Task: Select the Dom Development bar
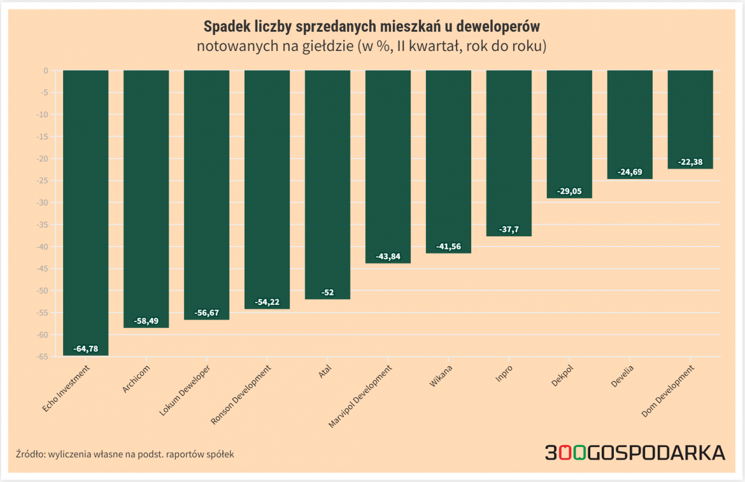[x=690, y=119]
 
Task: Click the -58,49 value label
[x=146, y=321]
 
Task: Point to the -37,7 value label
[x=509, y=230]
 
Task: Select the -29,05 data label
[x=569, y=191]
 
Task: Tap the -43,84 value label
[x=388, y=257]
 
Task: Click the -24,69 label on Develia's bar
[x=630, y=172]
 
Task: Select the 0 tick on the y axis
[x=46, y=71]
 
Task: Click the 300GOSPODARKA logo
[x=634, y=453]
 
